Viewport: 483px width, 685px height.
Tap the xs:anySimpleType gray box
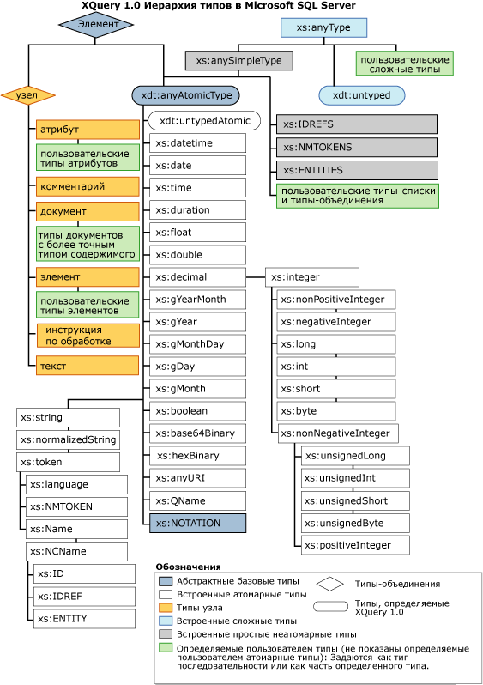coord(239,61)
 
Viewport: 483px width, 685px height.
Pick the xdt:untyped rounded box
coord(361,95)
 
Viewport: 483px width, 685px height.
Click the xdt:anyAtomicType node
coord(185,95)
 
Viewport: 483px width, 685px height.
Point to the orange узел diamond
coord(27,95)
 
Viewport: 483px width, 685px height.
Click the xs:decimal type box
coord(197,277)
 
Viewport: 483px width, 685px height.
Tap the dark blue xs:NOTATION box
coord(197,522)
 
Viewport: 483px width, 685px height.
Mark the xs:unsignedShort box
coord(354,500)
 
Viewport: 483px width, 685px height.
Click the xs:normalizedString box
coord(68,439)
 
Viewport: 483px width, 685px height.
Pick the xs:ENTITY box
coord(84,618)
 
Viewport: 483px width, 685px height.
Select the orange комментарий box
coord(87,185)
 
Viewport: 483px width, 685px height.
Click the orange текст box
coord(87,366)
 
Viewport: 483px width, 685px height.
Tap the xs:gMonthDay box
coord(197,343)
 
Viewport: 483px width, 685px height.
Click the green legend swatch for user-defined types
coord(166,649)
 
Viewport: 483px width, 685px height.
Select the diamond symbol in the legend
coord(329,584)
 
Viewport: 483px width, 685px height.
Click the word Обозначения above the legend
coord(190,567)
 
